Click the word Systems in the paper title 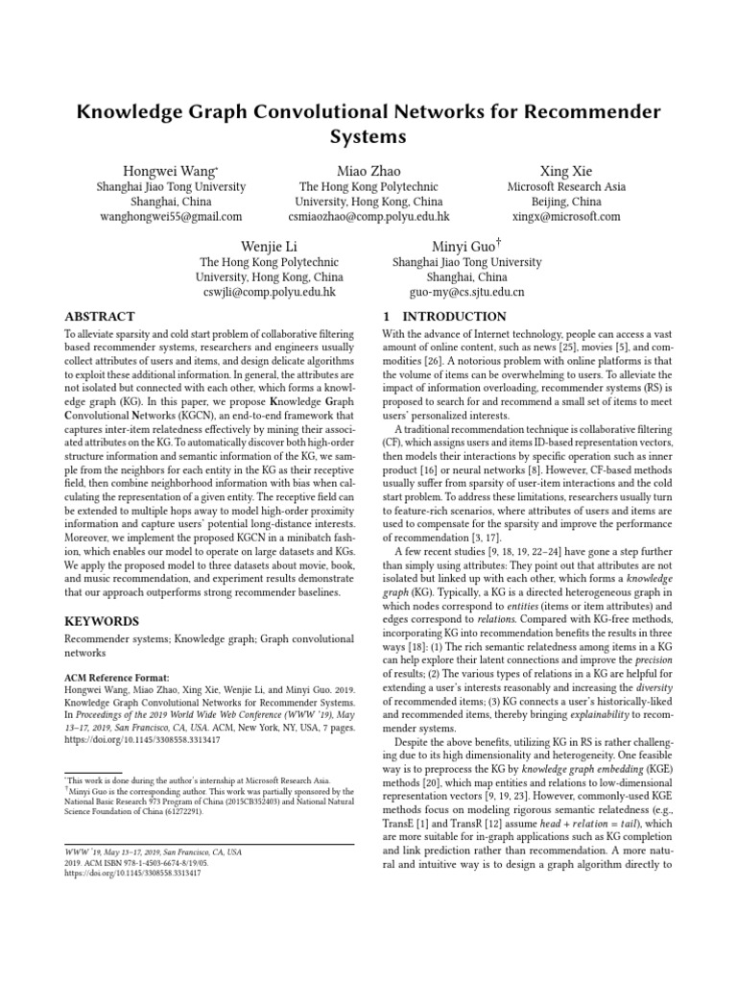[x=368, y=136]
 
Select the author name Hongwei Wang [x=170, y=169]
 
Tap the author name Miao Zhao [x=368, y=169]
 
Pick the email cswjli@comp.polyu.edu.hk [x=269, y=293]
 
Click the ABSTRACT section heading [x=100, y=317]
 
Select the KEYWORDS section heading [x=102, y=621]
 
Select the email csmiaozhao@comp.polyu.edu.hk [x=369, y=217]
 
